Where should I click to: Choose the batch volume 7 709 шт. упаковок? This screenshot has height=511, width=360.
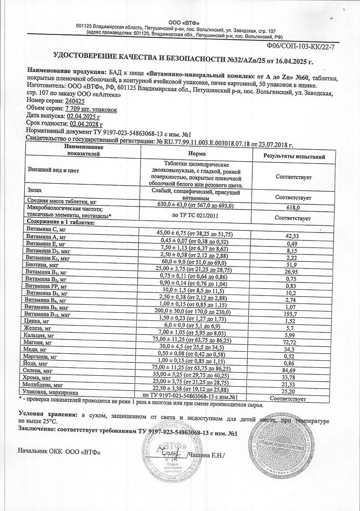85,107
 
